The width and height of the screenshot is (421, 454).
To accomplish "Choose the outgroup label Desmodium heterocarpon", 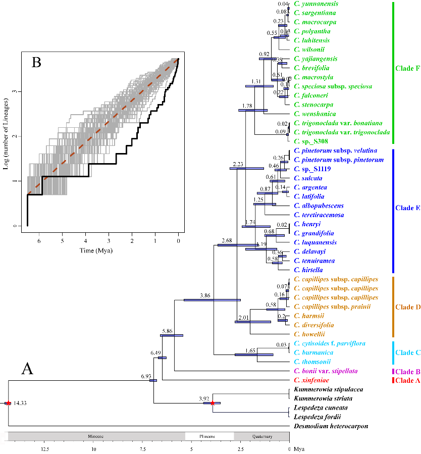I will point(331,426).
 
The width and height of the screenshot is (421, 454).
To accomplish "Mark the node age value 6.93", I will point(146,376).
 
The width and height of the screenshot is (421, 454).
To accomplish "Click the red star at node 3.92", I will point(213,403).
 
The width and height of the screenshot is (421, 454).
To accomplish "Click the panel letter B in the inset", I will point(37,63).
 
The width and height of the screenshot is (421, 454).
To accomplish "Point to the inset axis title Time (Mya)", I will point(96,250).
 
